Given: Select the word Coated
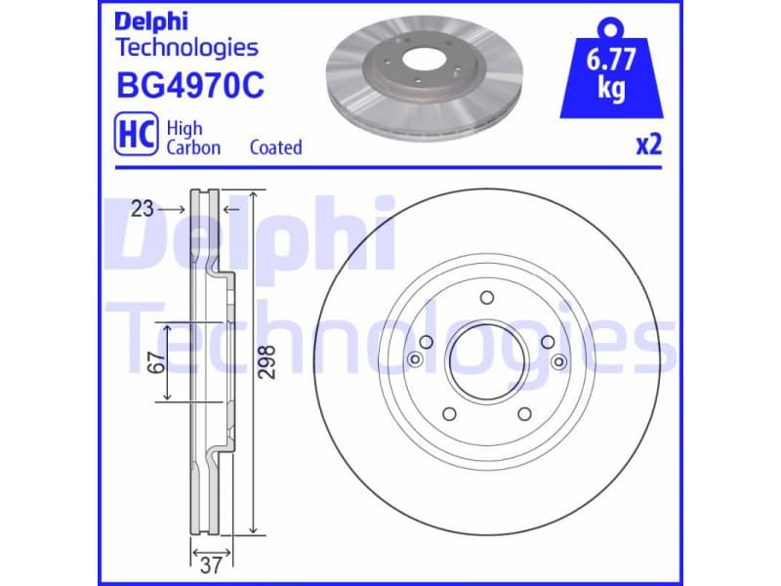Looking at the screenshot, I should coord(275,148).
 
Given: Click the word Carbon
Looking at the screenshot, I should coord(193,148).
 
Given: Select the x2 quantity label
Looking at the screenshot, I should coord(648,146).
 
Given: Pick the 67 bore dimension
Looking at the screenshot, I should coord(153,361).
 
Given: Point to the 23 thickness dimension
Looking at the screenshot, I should coord(144,208).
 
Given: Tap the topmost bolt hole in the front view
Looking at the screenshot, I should coord(486,300).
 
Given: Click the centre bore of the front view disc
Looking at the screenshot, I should coord(486,361).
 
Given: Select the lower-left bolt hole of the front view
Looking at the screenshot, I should coord(449,413).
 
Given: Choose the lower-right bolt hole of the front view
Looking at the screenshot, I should coord(523,413).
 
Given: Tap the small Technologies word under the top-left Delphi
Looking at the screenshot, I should coord(186,47).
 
